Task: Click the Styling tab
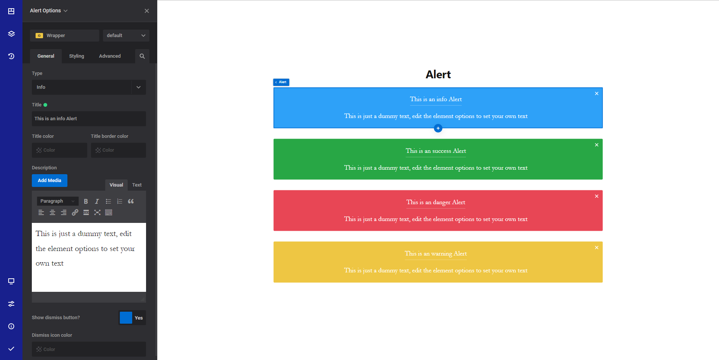pyautogui.click(x=76, y=56)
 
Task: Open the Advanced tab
pyautogui.click(x=110, y=56)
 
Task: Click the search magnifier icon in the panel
pyautogui.click(x=142, y=56)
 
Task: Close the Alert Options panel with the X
pyautogui.click(x=147, y=11)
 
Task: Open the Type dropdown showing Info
pyautogui.click(x=89, y=87)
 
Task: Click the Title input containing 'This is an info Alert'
pyautogui.click(x=89, y=119)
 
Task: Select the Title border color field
pyautogui.click(x=118, y=150)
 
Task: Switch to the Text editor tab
pyautogui.click(x=137, y=185)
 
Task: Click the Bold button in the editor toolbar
pyautogui.click(x=86, y=202)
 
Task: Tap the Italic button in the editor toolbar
pyautogui.click(x=97, y=202)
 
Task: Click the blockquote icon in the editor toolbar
pyautogui.click(x=131, y=202)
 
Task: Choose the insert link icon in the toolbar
pyautogui.click(x=75, y=213)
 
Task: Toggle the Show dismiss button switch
pyautogui.click(x=132, y=318)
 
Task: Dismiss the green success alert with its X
pyautogui.click(x=597, y=145)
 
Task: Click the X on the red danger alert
pyautogui.click(x=597, y=196)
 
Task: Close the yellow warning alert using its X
pyautogui.click(x=597, y=248)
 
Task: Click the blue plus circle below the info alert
pyautogui.click(x=438, y=128)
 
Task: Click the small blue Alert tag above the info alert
pyautogui.click(x=281, y=82)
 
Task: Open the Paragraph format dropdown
pyautogui.click(x=57, y=201)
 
